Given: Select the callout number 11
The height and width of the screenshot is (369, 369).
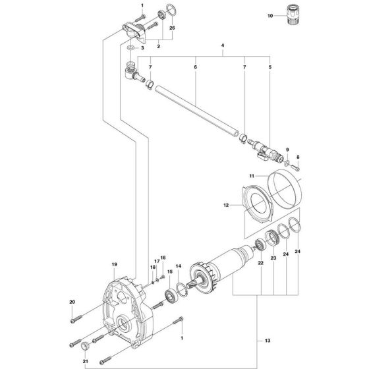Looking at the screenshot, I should click(252, 177).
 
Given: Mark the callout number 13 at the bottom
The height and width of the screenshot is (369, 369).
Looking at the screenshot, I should click(268, 341).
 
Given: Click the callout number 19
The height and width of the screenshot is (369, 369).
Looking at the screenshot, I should click(114, 265).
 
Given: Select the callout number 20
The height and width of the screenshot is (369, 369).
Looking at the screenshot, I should click(72, 302).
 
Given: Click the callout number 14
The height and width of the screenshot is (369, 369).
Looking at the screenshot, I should click(177, 268).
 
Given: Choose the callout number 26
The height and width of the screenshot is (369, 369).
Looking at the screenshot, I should click(172, 29).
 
